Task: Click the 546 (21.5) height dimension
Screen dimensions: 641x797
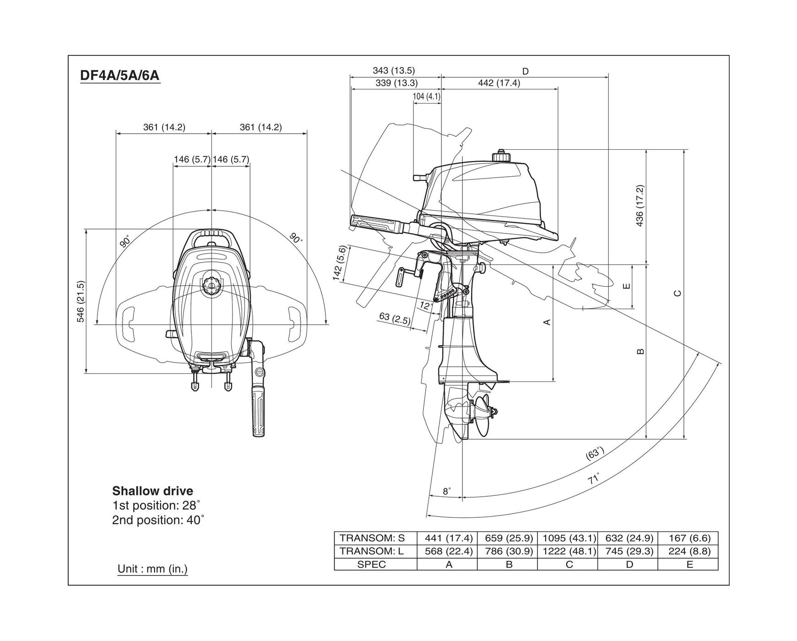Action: click(x=81, y=302)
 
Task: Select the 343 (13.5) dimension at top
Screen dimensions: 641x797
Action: click(x=393, y=71)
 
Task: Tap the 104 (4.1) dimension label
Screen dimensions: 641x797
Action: click(x=426, y=97)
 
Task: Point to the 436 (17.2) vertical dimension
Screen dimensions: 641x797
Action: click(x=640, y=206)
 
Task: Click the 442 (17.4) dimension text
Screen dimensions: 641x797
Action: click(x=499, y=83)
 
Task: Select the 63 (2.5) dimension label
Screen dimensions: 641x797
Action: click(x=395, y=318)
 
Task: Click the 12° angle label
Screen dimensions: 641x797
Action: click(x=426, y=305)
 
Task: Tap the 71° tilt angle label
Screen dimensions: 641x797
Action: click(x=594, y=479)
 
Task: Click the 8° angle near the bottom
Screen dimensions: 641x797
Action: click(x=447, y=491)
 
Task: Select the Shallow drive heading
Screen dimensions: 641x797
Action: click(x=152, y=491)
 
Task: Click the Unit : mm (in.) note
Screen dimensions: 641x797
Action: click(x=152, y=569)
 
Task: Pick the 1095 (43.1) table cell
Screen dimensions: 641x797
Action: click(x=569, y=538)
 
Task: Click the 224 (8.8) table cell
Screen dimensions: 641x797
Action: click(x=689, y=551)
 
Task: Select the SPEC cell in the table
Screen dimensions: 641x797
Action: click(x=371, y=565)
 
